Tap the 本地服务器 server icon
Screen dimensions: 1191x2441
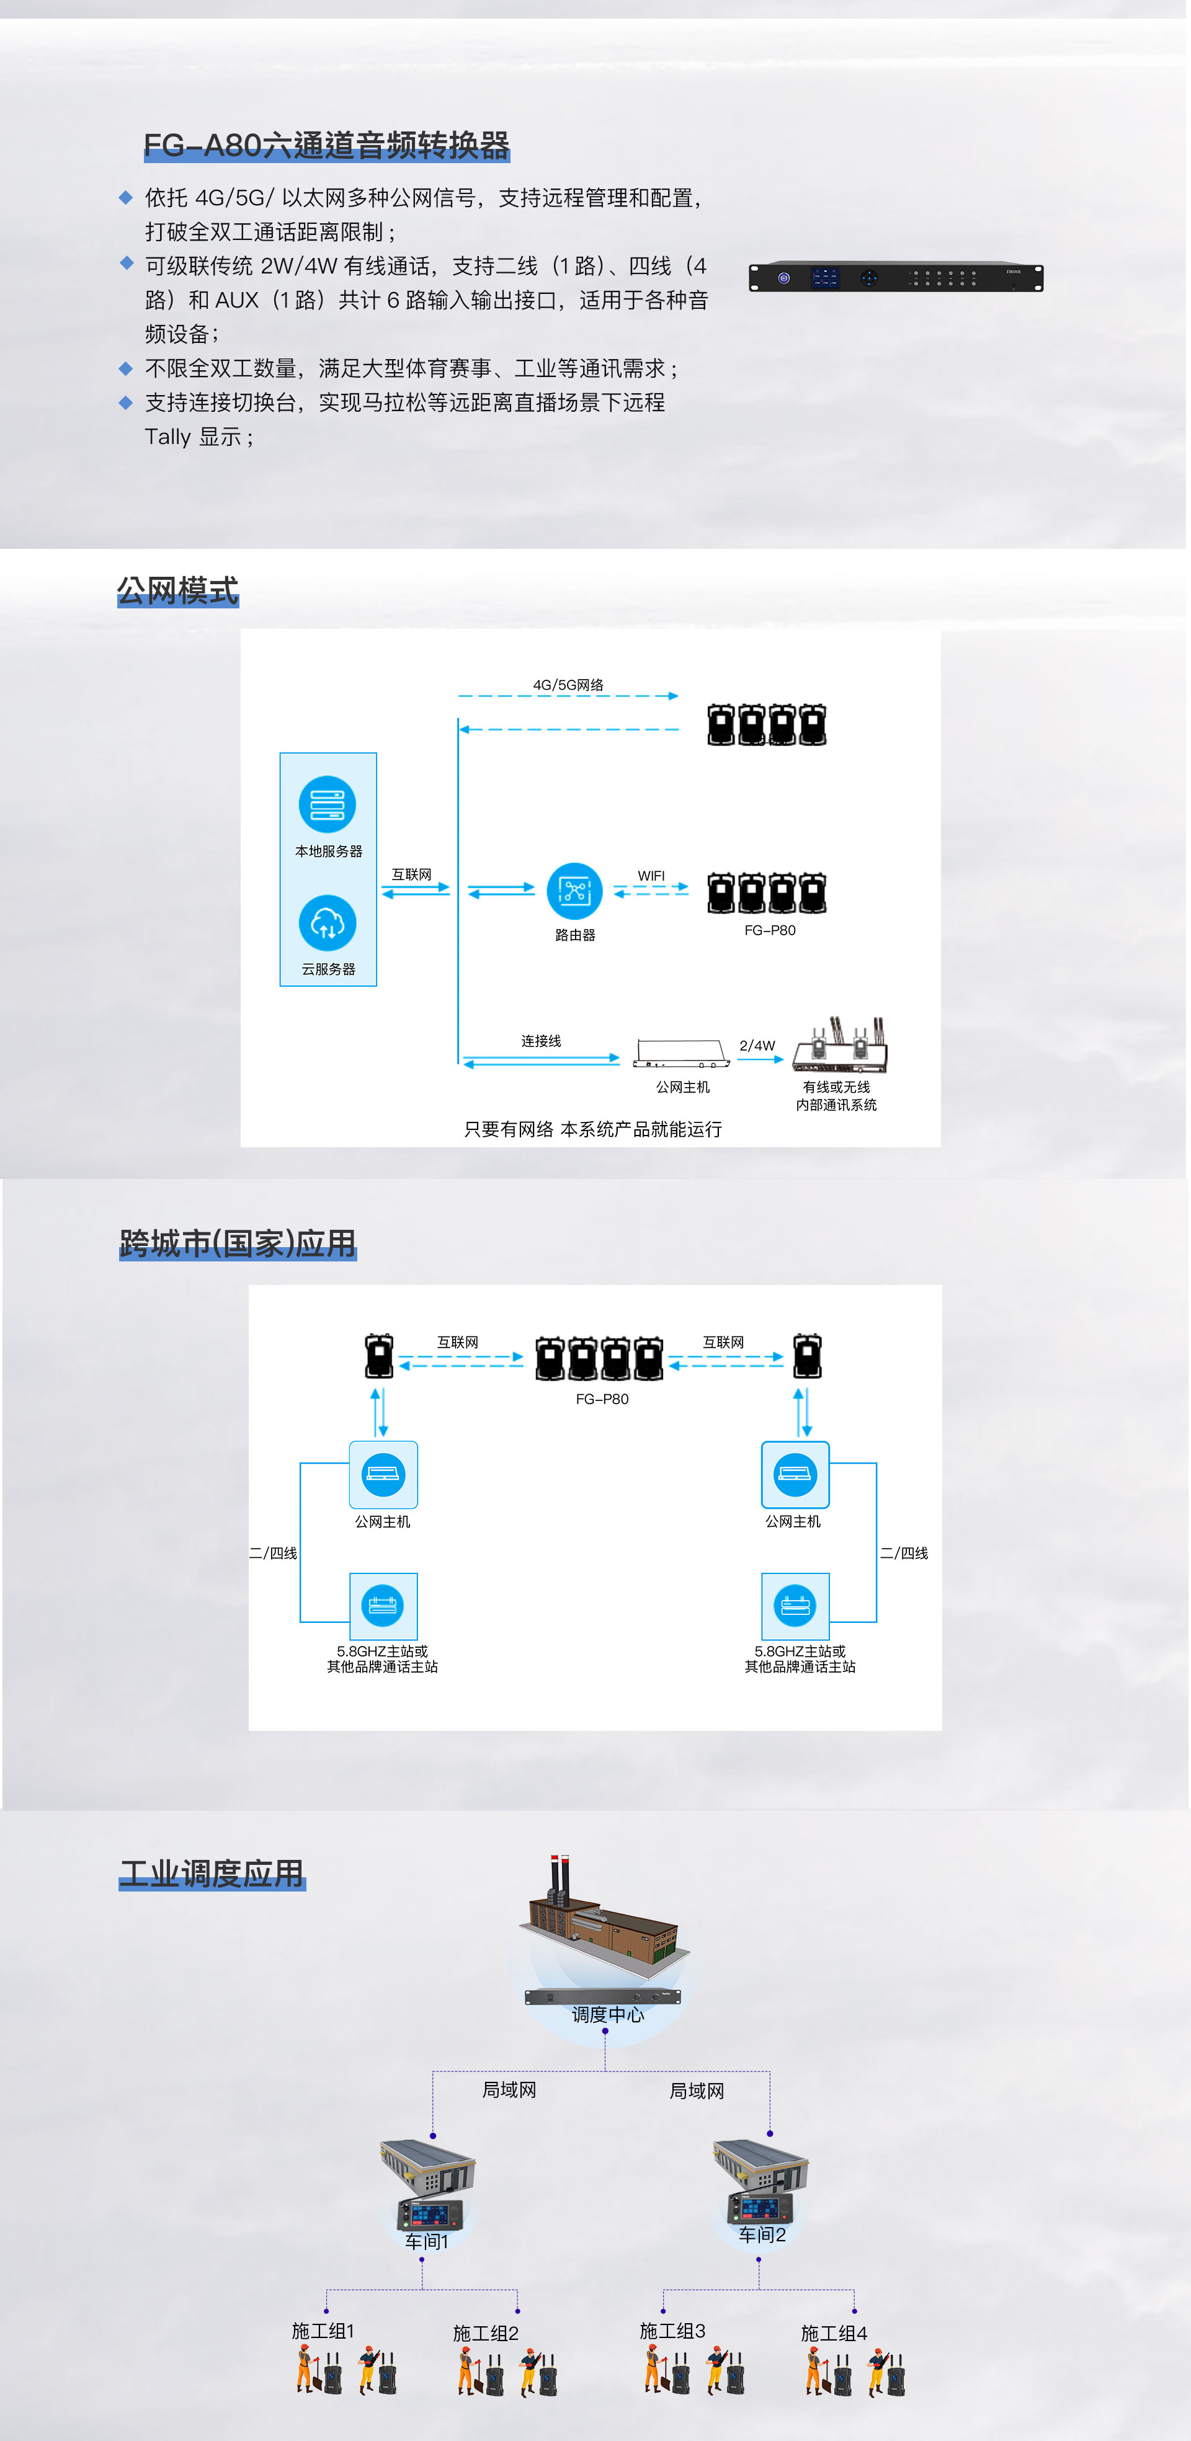pyautogui.click(x=327, y=804)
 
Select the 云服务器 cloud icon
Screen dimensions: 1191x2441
pyautogui.click(x=327, y=923)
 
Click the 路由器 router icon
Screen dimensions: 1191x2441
pyautogui.click(x=575, y=891)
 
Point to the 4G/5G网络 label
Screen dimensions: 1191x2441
pyautogui.click(x=568, y=684)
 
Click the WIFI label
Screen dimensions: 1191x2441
pyautogui.click(x=651, y=876)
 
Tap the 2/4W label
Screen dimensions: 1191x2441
pyautogui.click(x=757, y=1045)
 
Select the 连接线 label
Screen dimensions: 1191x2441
pyautogui.click(x=541, y=1041)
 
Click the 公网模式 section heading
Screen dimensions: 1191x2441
pyautogui.click(x=177, y=590)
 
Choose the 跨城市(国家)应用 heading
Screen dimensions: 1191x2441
pyautogui.click(x=237, y=1243)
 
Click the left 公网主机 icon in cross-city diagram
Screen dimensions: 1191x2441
pyautogui.click(x=383, y=1474)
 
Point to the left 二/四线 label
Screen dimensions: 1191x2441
pyautogui.click(x=273, y=1553)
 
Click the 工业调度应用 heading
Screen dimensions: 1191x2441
pyautogui.click(x=212, y=1874)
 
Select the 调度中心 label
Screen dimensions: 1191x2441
pyautogui.click(x=607, y=2014)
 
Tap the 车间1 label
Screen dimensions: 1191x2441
pyautogui.click(x=426, y=2241)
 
